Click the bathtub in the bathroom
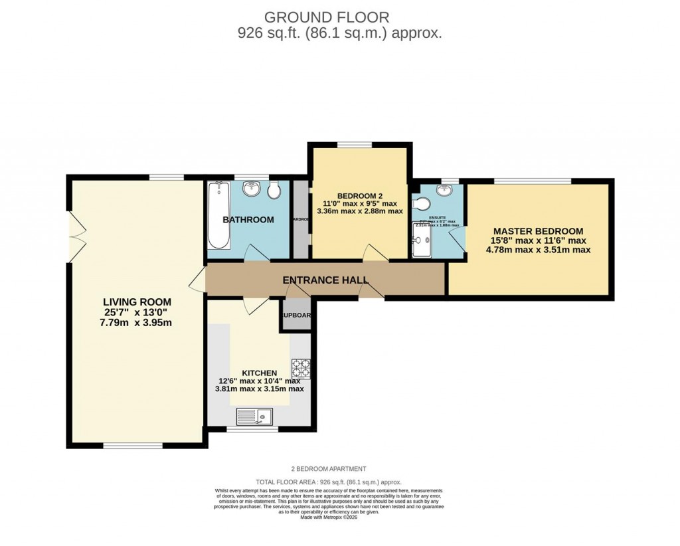[218, 218]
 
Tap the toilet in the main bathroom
[274, 191]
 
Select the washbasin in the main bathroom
[252, 190]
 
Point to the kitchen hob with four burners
[301, 369]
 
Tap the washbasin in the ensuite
[443, 191]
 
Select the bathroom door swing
[257, 253]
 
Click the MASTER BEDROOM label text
[538, 230]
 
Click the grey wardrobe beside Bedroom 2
[301, 220]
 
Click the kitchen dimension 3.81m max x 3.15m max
[259, 389]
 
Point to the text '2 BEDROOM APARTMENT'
[329, 469]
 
